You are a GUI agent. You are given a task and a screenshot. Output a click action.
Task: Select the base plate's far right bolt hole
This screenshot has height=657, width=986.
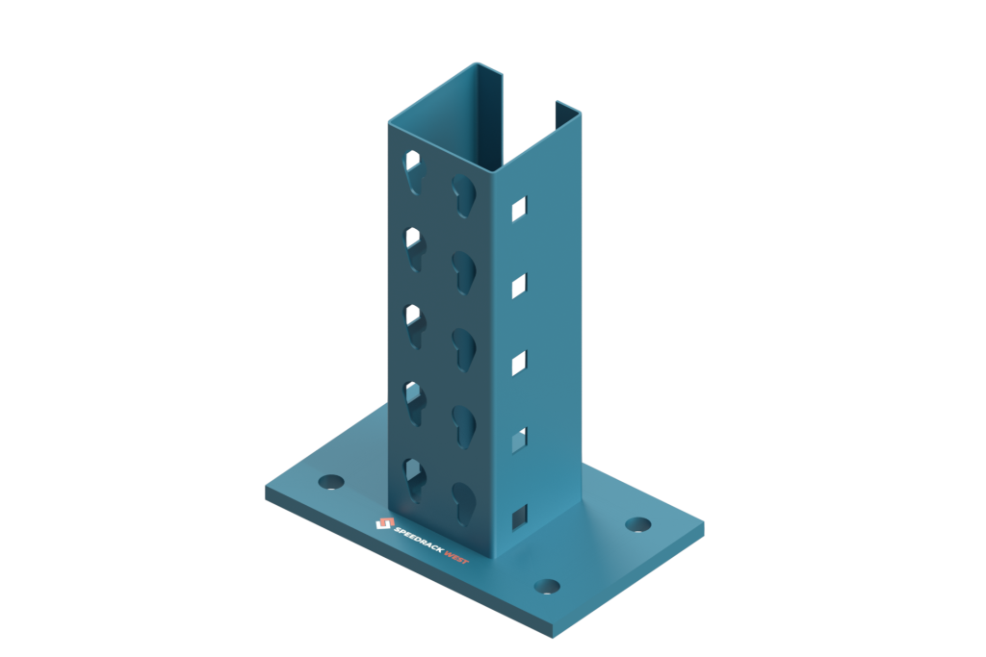637,524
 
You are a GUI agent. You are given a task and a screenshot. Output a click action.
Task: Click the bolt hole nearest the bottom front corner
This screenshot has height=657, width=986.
547,586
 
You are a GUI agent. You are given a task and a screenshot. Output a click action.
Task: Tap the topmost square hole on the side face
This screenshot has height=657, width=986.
519,209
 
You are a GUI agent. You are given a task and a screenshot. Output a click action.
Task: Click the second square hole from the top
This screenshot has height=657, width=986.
519,285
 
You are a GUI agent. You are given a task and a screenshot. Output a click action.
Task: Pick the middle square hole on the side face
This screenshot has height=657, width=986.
519,362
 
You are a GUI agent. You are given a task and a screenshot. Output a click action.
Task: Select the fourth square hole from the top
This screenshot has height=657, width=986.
519,440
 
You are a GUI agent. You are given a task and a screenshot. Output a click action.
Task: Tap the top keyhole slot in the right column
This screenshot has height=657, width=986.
463,193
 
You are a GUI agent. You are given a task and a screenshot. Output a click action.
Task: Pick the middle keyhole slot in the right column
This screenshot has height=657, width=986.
463,348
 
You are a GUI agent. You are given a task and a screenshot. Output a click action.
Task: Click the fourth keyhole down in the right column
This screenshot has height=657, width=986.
463,426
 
